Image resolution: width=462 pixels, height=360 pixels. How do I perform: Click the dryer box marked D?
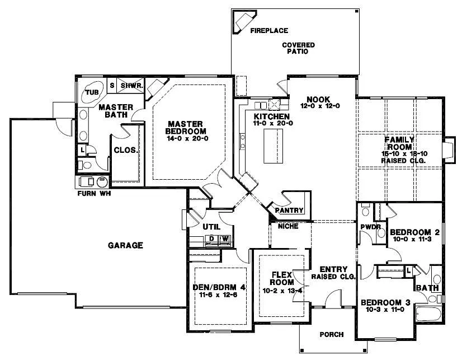(212, 239)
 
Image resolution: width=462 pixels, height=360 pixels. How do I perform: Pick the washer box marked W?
(225, 239)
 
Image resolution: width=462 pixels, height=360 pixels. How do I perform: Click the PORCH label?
(331, 335)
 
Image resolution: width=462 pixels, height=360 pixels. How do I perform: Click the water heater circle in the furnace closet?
(102, 182)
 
